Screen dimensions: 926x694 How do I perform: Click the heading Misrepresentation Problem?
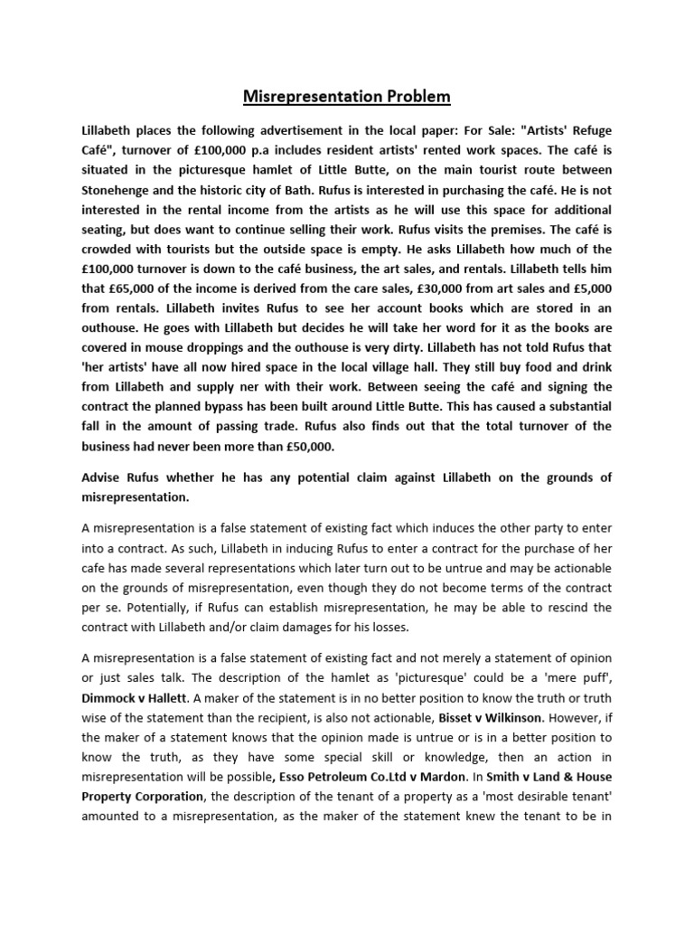[x=347, y=97]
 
